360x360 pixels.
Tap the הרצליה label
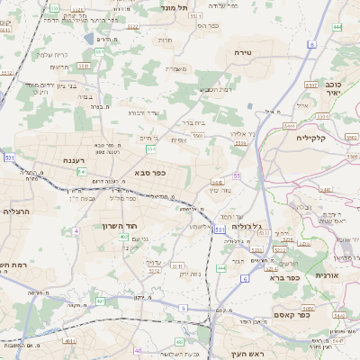pos(16,211)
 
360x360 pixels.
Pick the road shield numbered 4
pos(76,230)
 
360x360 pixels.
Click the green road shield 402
pos(123,236)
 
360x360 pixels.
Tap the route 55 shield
pos(236,175)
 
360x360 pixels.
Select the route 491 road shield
pos(100,301)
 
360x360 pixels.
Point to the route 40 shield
pos(137,351)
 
